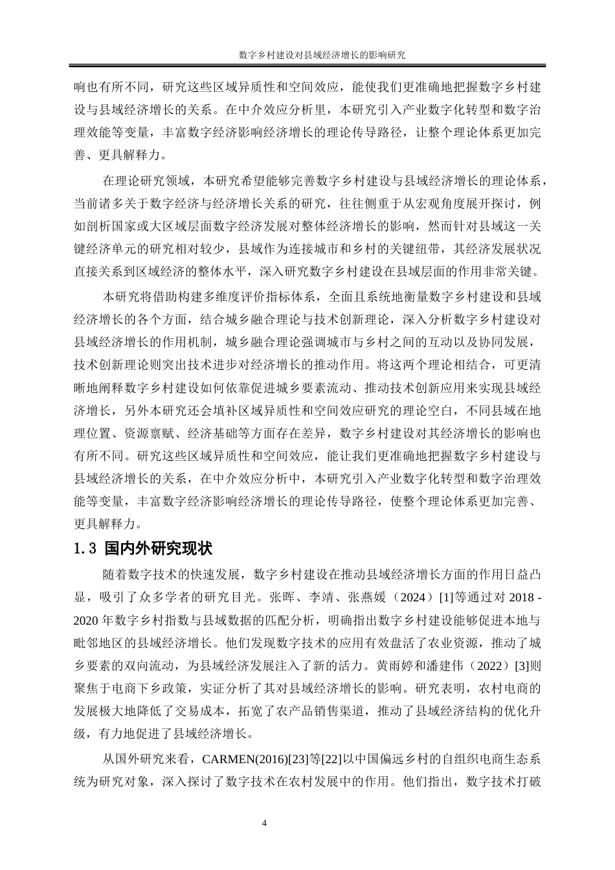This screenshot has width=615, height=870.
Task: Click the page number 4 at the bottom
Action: pyautogui.click(x=264, y=823)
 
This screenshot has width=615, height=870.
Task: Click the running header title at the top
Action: pyautogui.click(x=322, y=56)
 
